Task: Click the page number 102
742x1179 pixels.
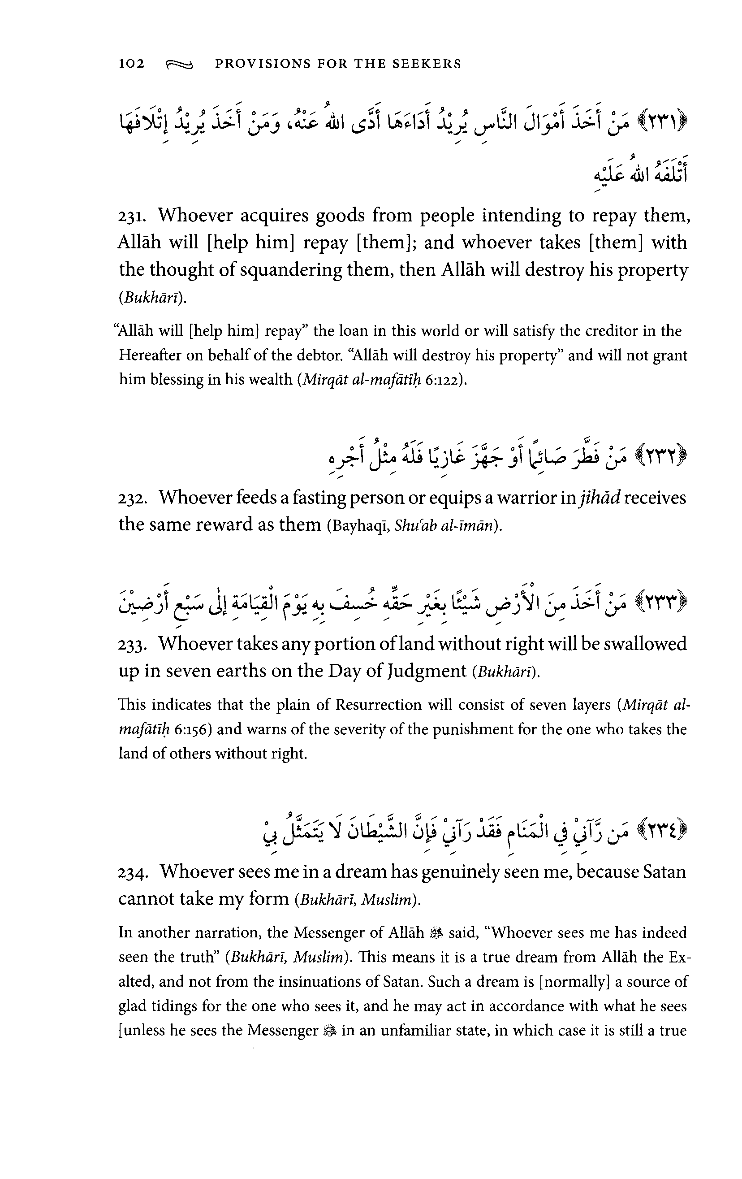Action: pos(132,64)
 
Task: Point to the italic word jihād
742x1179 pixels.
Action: pos(599,498)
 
